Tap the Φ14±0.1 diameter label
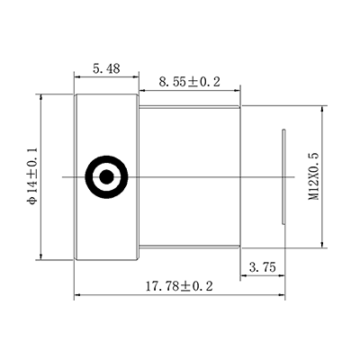coord(32,176)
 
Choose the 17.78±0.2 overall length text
coord(179,286)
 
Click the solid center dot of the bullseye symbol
coord(106,176)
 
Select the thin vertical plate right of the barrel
coord(285,177)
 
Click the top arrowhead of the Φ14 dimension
coord(42,97)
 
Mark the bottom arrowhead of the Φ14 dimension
coord(42,256)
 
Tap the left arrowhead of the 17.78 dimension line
coord(76,294)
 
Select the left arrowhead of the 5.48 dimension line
coord(76,77)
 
